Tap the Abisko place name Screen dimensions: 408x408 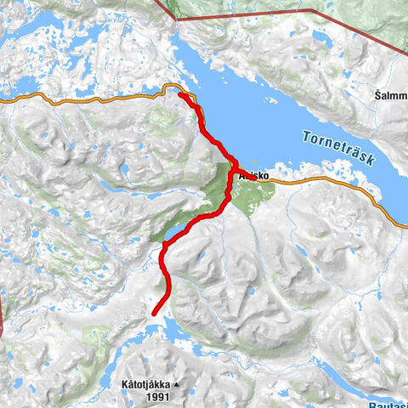pyautogui.click(x=255, y=177)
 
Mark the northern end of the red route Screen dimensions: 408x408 pyautogui.click(x=181, y=94)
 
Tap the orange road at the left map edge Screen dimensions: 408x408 pyautogui.click(x=3, y=101)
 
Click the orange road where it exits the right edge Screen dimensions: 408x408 pyautogui.click(x=405, y=225)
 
